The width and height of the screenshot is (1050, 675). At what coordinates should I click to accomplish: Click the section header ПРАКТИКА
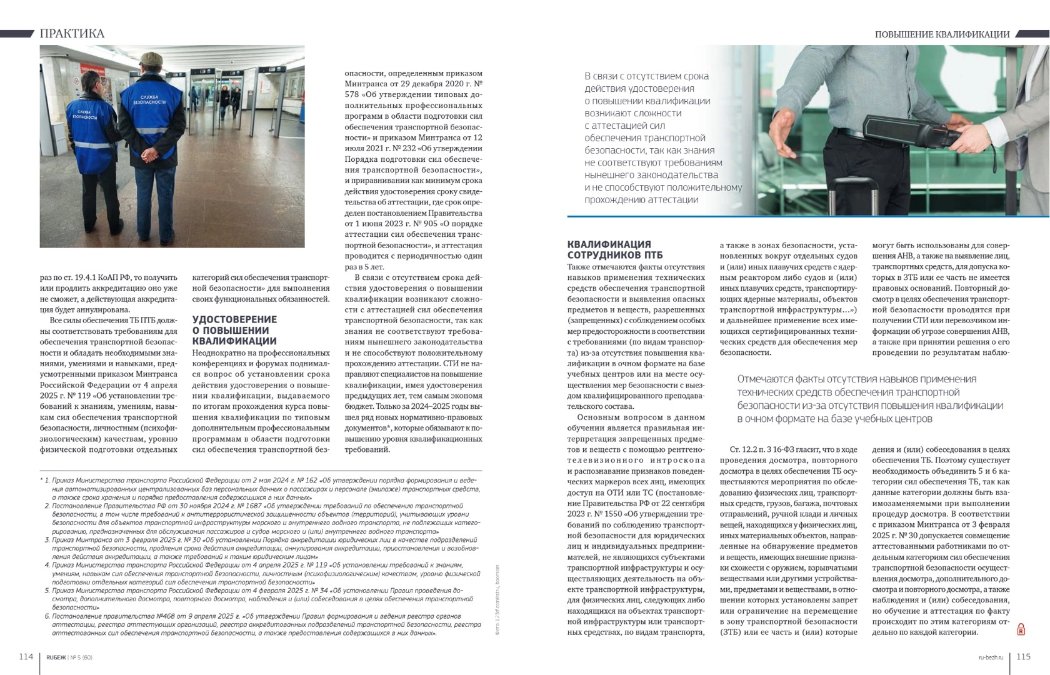coord(72,33)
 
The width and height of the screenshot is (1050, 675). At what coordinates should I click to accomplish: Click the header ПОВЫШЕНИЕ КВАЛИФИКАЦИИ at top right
coord(942,34)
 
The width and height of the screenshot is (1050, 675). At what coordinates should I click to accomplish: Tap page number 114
coord(26,656)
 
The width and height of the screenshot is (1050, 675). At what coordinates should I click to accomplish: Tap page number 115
coord(1023,656)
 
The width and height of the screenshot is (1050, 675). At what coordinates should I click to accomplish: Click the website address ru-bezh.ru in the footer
coord(991,657)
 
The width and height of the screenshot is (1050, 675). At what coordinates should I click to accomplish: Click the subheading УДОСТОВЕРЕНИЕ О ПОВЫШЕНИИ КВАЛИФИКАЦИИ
coord(234,330)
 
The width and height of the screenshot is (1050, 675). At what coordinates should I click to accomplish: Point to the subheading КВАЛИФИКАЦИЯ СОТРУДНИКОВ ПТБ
coord(609,249)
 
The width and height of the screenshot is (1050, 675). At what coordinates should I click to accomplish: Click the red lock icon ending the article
coord(1021,629)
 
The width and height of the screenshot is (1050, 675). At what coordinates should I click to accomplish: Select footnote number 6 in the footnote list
coord(47,616)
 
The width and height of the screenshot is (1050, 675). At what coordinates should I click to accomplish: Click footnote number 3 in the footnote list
coord(47,539)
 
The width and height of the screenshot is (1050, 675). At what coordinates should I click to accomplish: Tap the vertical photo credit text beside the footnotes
coord(497,600)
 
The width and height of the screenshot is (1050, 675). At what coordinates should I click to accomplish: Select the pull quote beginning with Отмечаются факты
coord(869,399)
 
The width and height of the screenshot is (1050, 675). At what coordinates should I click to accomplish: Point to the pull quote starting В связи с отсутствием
coord(662,137)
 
